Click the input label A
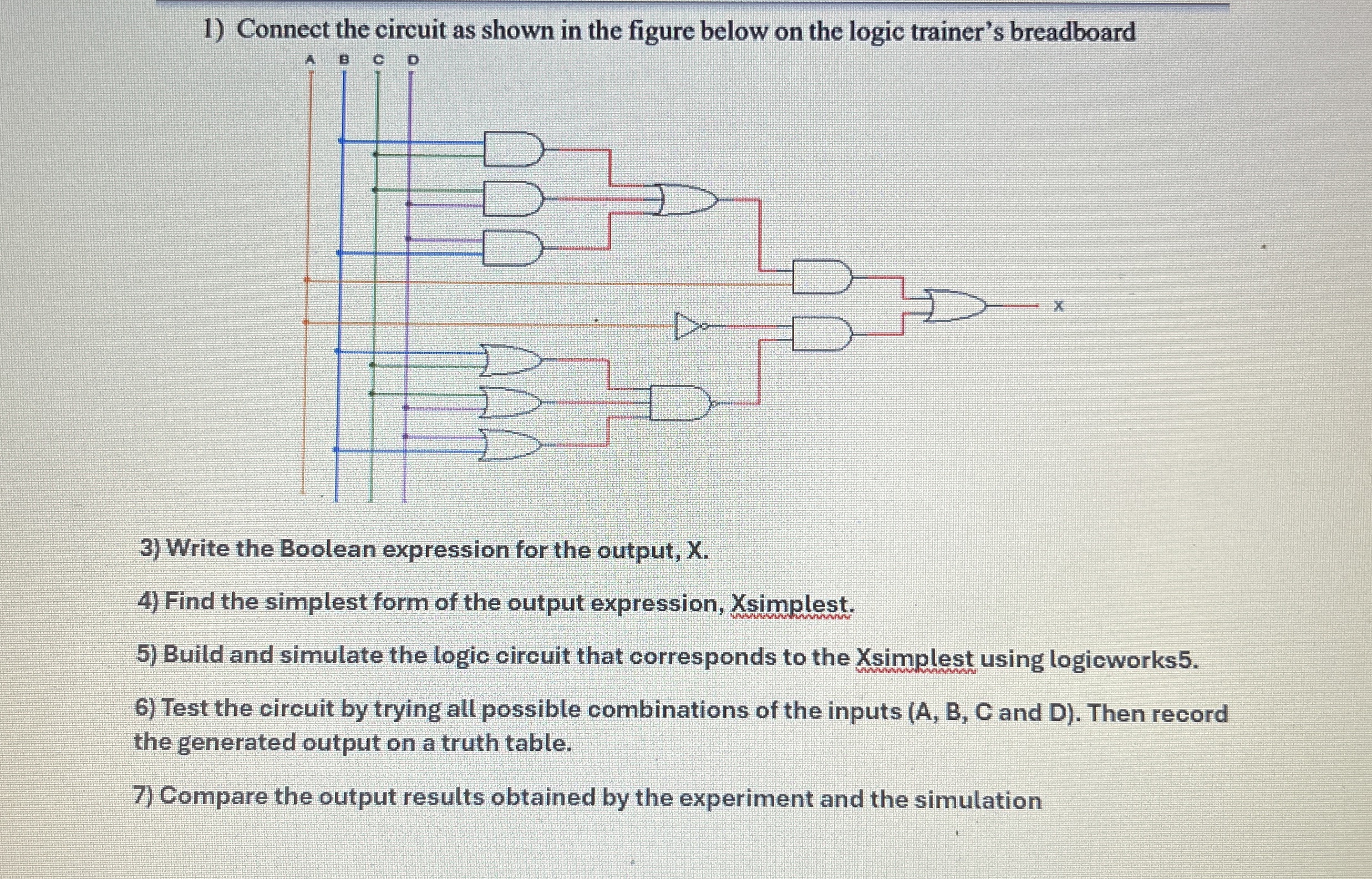click(x=310, y=59)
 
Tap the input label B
click(x=344, y=59)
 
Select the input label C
click(x=378, y=59)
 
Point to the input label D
click(x=413, y=59)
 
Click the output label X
click(x=1058, y=307)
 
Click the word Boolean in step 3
click(x=328, y=549)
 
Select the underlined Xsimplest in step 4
click(x=792, y=604)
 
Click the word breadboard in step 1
click(x=1073, y=32)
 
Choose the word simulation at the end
click(x=978, y=800)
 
